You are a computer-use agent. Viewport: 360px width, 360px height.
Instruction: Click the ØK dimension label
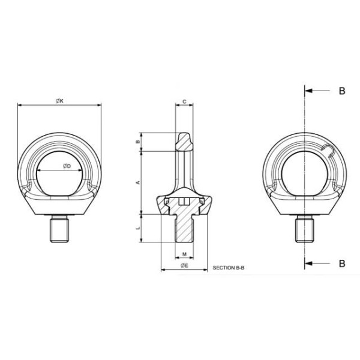click(59, 101)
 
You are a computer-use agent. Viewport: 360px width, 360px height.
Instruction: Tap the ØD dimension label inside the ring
click(67, 166)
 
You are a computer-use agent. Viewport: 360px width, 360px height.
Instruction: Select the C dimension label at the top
click(184, 101)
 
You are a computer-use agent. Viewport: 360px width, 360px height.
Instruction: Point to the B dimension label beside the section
click(138, 142)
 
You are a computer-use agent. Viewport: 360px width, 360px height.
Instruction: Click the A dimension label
click(138, 182)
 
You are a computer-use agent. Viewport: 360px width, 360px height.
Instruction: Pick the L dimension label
click(138, 228)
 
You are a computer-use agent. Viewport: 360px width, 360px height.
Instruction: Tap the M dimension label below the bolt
click(184, 254)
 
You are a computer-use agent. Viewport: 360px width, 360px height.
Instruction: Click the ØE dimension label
click(184, 266)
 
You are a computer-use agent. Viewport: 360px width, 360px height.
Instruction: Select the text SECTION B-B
click(229, 268)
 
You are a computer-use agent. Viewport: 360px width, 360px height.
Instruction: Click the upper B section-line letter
click(342, 91)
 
